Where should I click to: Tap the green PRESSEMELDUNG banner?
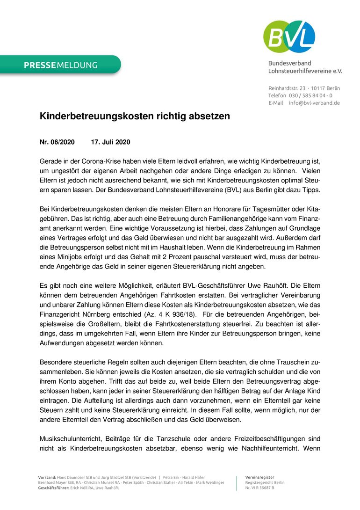coord(61,65)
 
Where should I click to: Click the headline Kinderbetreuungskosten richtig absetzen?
coord(135,117)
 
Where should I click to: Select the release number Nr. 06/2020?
coord(57,142)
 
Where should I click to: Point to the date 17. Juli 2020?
coord(110,142)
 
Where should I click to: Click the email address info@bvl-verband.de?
coord(314,103)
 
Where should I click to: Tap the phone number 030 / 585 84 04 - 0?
coord(310,95)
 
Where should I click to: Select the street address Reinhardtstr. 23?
coord(287,88)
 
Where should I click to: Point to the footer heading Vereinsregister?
coord(259,477)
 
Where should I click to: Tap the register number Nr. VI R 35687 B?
coord(259,488)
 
